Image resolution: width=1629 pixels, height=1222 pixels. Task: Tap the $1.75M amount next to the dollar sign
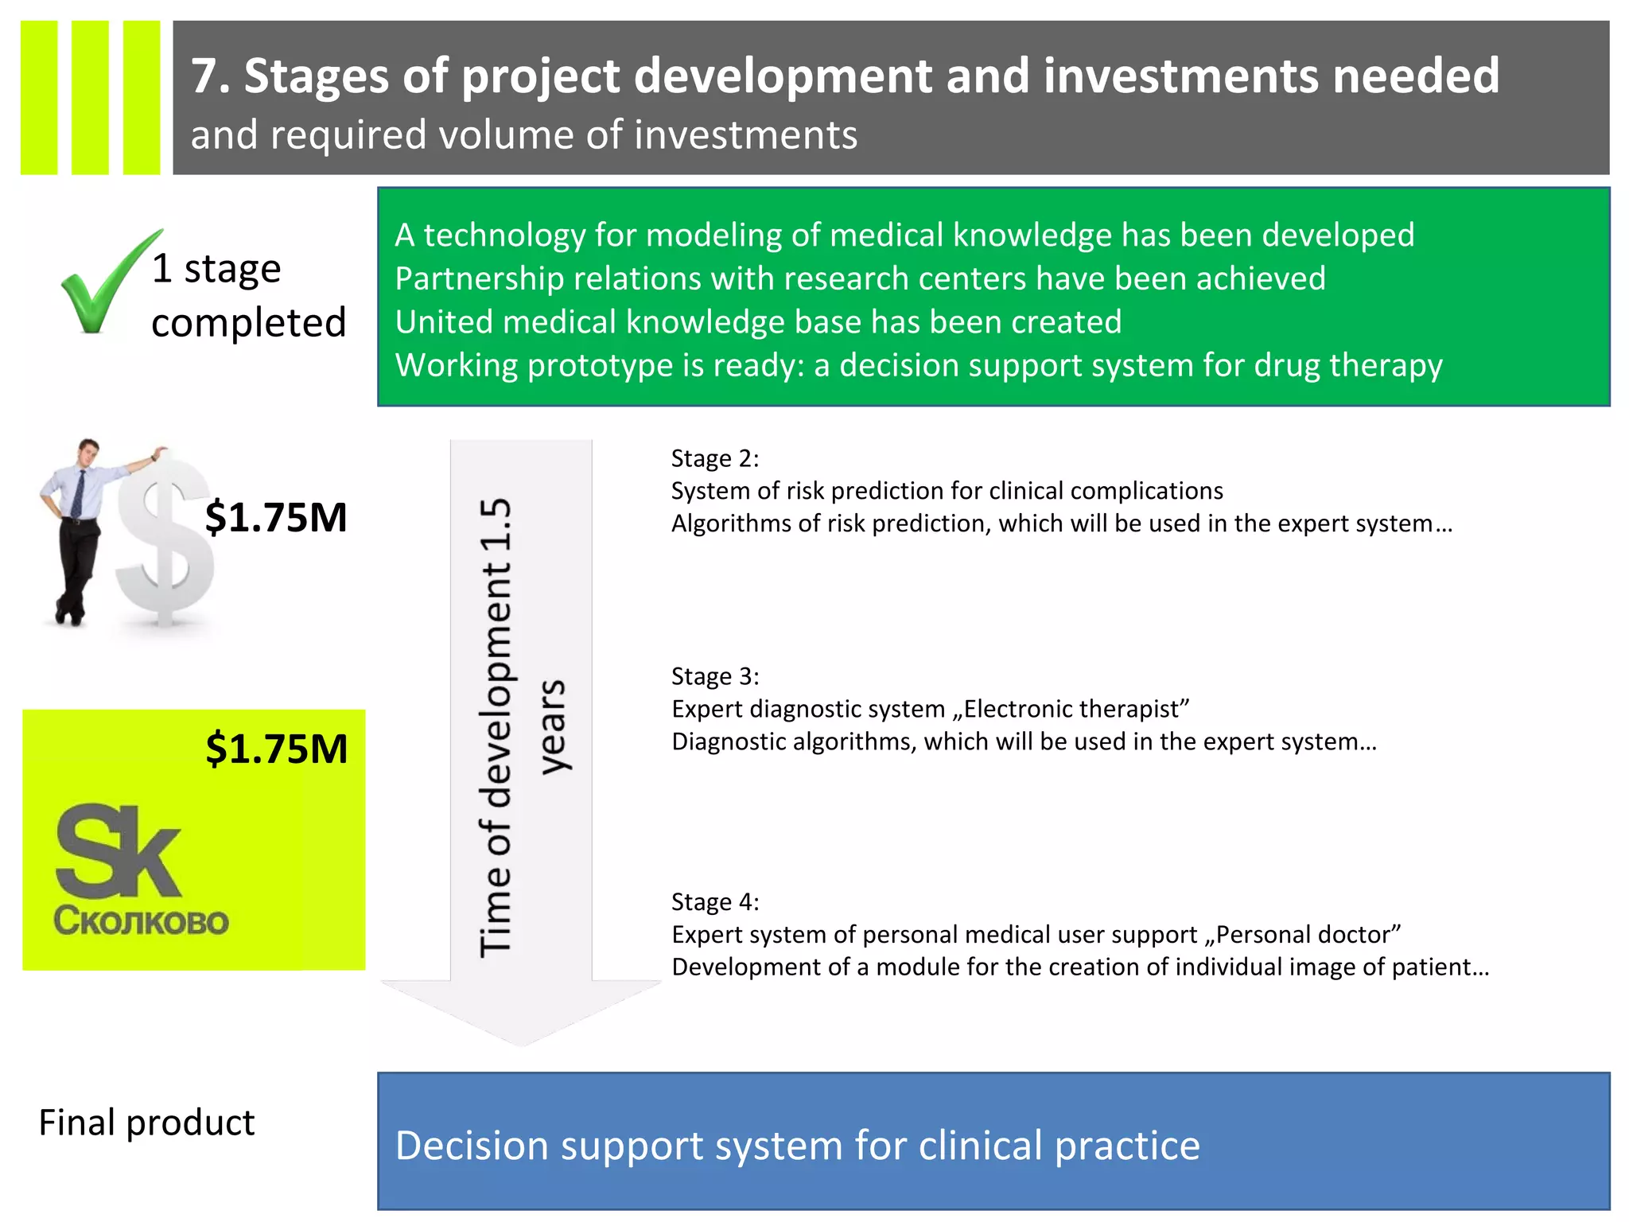275,517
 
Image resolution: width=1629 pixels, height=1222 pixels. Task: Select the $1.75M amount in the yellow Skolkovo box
276,749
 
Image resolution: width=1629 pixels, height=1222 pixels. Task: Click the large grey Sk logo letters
118,851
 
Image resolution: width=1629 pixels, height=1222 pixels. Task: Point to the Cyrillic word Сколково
141,921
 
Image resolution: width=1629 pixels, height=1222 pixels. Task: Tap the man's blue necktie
78,493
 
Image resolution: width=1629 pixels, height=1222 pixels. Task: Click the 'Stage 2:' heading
714,458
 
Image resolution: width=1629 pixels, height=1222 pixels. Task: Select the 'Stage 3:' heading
714,676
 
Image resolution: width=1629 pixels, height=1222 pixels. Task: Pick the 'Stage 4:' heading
714,901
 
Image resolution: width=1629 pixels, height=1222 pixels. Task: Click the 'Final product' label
146,1123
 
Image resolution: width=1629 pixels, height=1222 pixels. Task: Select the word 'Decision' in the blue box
472,1146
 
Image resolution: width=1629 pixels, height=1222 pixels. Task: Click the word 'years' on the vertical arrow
552,726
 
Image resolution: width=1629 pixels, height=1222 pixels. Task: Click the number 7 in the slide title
205,76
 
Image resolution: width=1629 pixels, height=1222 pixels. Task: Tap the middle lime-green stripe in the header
90,97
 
